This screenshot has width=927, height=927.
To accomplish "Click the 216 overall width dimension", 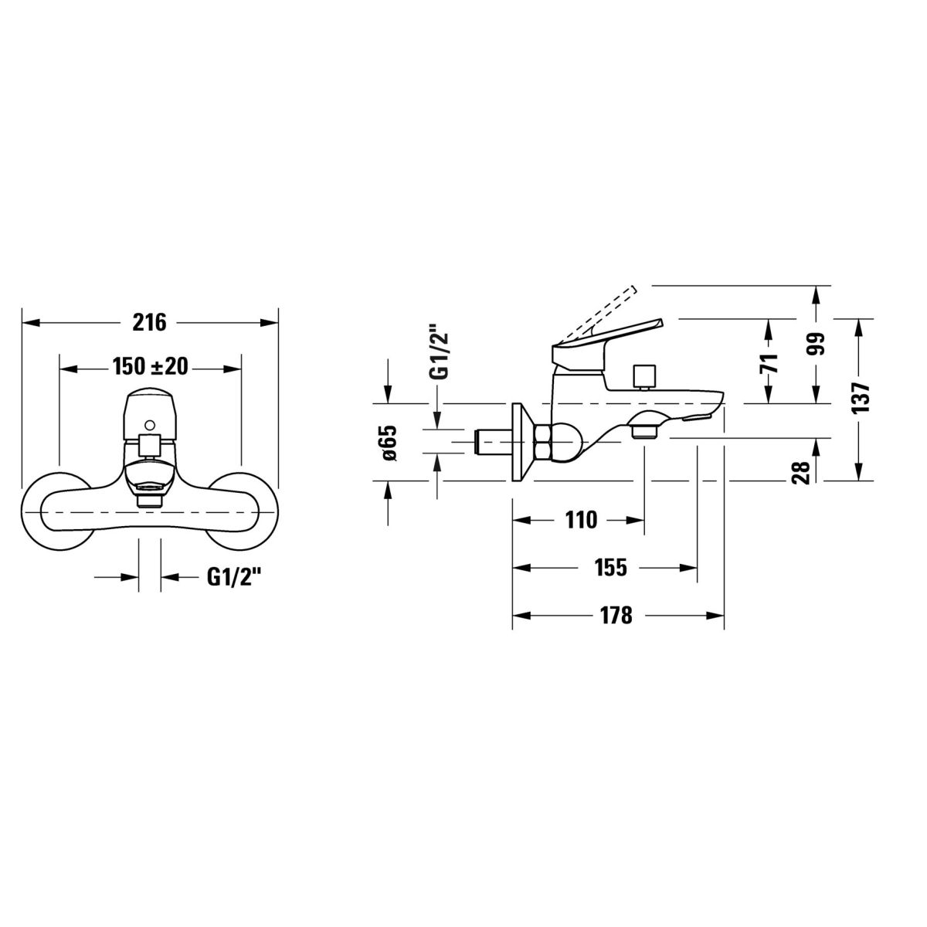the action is [149, 322].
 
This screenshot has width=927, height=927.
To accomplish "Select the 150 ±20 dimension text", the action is [150, 367].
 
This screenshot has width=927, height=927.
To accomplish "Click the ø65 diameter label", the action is [390, 443].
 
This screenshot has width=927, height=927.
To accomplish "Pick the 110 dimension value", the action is [581, 520].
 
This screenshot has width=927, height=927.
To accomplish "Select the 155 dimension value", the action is [611, 568].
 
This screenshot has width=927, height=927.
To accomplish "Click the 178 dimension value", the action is [616, 615].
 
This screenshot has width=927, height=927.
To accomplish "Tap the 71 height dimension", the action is [769, 363].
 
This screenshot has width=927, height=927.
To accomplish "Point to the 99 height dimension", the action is [817, 344].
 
